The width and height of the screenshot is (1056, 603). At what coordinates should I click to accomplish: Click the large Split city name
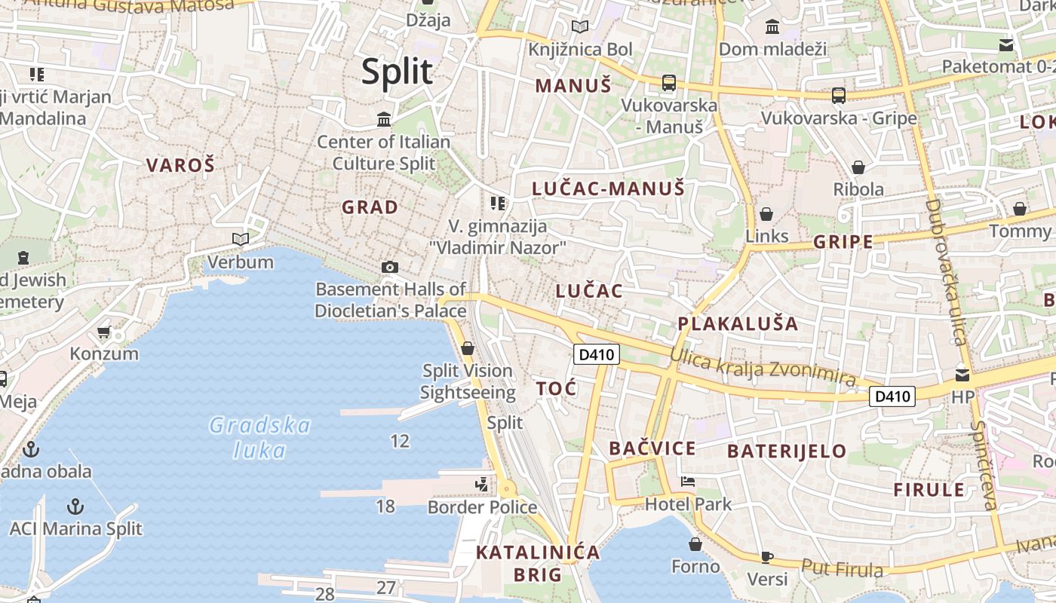coord(397,72)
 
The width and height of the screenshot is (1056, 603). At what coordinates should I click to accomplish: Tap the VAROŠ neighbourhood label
coord(180,165)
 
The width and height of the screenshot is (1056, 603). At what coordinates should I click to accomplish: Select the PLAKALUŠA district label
coord(737,324)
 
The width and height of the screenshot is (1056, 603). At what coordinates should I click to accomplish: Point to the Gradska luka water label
coord(259,438)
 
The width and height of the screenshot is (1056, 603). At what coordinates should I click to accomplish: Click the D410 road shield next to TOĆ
coord(596,354)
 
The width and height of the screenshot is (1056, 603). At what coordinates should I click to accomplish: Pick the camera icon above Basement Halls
coord(389,267)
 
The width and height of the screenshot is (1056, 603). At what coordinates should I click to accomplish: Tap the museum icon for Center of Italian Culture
coord(384,119)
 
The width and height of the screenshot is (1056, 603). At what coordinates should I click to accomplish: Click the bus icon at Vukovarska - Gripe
coord(838,96)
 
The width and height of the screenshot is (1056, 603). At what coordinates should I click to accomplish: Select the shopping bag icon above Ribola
coord(858,167)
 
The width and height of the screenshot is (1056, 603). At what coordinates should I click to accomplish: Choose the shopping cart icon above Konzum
coord(104,332)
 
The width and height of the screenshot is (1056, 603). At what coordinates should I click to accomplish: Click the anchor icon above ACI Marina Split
coord(75,506)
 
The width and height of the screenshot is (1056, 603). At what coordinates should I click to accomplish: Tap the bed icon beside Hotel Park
coord(687,481)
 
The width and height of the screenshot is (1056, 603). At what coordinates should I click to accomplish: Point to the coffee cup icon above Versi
coord(766,557)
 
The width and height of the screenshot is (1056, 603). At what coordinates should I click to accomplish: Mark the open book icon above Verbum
coord(241,240)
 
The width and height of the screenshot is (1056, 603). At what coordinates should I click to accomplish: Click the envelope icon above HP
coord(962,375)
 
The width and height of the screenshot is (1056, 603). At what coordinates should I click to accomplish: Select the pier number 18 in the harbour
coord(385,506)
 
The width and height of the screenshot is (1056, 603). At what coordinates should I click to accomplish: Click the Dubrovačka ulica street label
coord(947,272)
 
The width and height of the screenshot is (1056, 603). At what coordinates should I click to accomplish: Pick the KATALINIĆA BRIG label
coord(538,563)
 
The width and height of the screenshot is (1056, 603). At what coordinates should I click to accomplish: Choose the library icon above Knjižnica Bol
coord(579,27)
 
